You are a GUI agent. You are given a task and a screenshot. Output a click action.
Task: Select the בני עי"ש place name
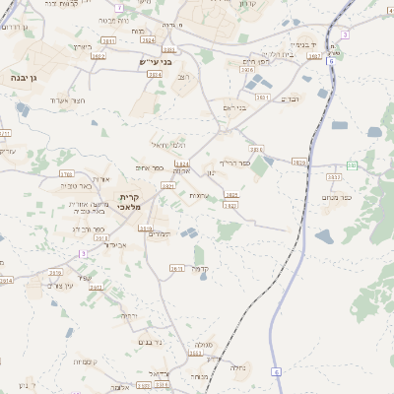pyautogui.click(x=156, y=62)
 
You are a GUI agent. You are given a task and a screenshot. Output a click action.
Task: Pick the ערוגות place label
pyautogui.click(x=198, y=196)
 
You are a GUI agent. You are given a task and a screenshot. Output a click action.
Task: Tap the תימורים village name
pyautogui.click(x=159, y=233)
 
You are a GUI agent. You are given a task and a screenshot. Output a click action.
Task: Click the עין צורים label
pyautogui.click(x=59, y=285)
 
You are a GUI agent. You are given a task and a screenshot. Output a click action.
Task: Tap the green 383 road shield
pyautogui.click(x=352, y=165)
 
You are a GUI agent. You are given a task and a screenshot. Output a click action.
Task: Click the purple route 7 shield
pyautogui.click(x=119, y=7)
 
